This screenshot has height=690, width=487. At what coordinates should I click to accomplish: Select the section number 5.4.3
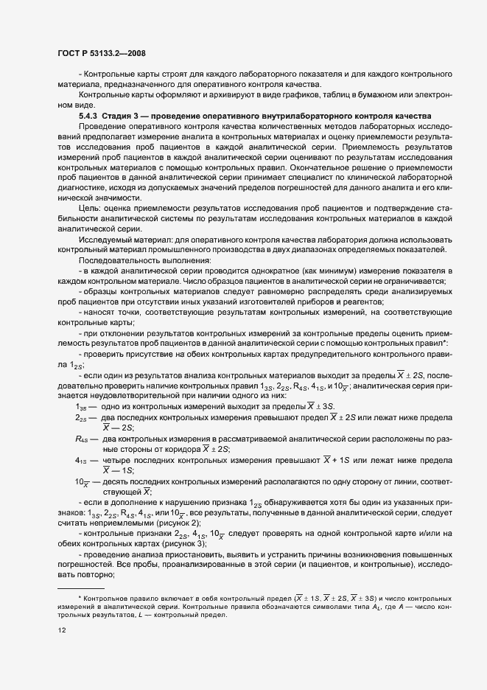click(x=87, y=116)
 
